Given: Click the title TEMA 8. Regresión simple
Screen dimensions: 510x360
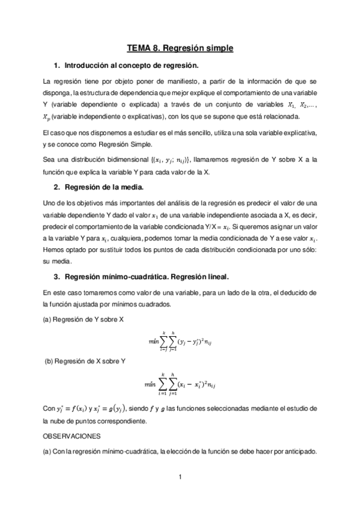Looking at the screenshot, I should [180, 47].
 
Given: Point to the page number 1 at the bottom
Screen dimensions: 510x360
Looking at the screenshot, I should [180, 478].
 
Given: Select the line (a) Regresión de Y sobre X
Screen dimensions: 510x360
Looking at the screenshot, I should [83, 319].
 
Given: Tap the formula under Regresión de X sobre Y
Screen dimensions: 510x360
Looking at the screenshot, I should [180, 382].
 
